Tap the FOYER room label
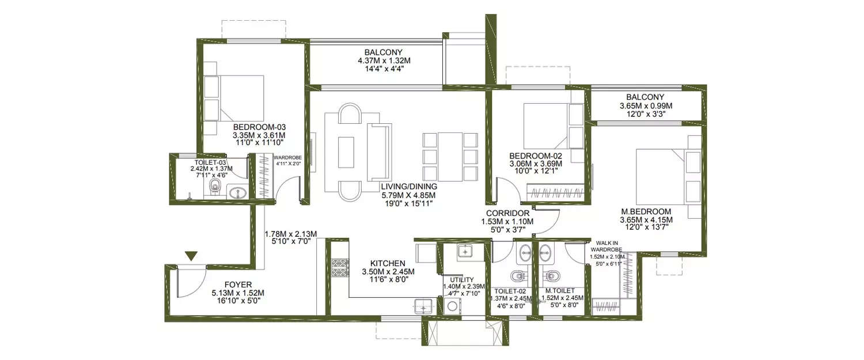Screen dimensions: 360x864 (x=237, y=284)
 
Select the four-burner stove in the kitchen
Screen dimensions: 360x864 (x=338, y=268)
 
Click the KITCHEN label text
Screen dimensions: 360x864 (x=388, y=263)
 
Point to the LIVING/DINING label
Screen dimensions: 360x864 (x=409, y=187)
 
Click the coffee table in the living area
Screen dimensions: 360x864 (x=346, y=151)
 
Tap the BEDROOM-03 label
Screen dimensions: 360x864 (x=259, y=127)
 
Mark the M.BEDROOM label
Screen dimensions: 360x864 (x=646, y=211)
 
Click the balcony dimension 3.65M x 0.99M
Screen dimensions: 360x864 (x=646, y=106)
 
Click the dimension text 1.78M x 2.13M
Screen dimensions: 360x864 (x=291, y=234)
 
